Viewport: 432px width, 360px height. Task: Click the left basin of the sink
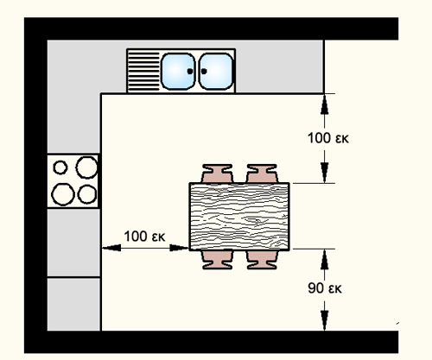[x=178, y=71]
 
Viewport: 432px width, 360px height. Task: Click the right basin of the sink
[x=216, y=71]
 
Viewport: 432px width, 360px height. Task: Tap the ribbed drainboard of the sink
[x=143, y=71]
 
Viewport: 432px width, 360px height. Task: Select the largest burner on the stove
[x=63, y=194]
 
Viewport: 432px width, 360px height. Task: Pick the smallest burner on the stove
[x=60, y=167]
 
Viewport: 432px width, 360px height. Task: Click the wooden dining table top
[x=239, y=217]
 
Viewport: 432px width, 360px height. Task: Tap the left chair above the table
[x=217, y=174]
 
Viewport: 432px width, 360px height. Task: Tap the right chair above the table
[x=262, y=174]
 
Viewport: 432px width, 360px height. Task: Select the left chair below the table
[x=217, y=260]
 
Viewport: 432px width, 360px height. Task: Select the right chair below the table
[x=262, y=260]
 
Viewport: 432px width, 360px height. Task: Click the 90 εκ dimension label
[x=325, y=288]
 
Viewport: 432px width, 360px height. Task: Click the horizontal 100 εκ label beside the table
[x=144, y=237]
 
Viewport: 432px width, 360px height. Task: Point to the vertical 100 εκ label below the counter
[x=328, y=138]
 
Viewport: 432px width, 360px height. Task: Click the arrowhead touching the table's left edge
[x=179, y=248]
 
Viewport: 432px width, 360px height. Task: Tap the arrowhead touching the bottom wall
[x=325, y=321]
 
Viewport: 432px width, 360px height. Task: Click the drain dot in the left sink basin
[x=190, y=71]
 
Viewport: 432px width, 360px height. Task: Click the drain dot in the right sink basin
[x=204, y=71]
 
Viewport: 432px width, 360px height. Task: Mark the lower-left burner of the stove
[x=63, y=194]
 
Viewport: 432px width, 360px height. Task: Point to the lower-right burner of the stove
[x=87, y=194]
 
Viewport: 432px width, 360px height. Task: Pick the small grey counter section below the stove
[x=73, y=304]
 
